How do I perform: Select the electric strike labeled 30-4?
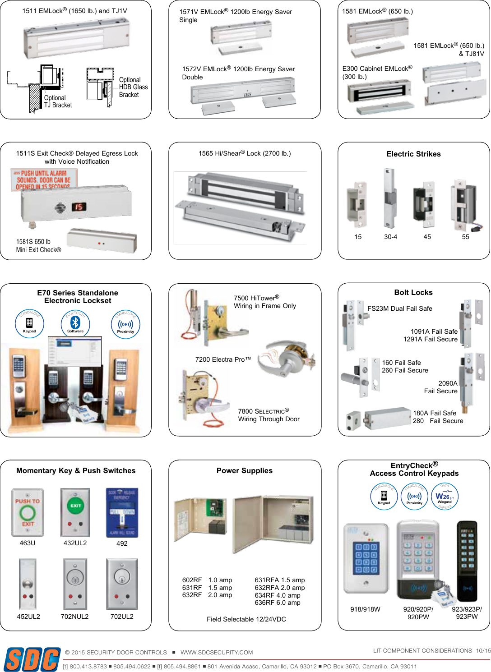(x=388, y=199)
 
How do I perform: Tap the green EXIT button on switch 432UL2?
(x=75, y=506)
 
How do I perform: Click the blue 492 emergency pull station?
(x=122, y=513)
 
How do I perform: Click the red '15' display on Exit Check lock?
(x=79, y=207)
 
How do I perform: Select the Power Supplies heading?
(x=244, y=470)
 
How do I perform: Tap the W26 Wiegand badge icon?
(x=445, y=497)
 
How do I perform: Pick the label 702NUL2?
(x=74, y=617)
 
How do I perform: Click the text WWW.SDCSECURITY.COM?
(x=217, y=653)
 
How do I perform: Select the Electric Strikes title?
(x=413, y=154)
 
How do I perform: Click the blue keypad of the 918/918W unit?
(x=366, y=557)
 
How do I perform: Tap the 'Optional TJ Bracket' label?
(x=58, y=101)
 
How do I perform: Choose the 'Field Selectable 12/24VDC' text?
(x=246, y=619)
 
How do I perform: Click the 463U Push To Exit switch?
(x=28, y=513)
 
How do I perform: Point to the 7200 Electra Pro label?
(x=222, y=359)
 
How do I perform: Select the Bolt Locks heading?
(x=413, y=292)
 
